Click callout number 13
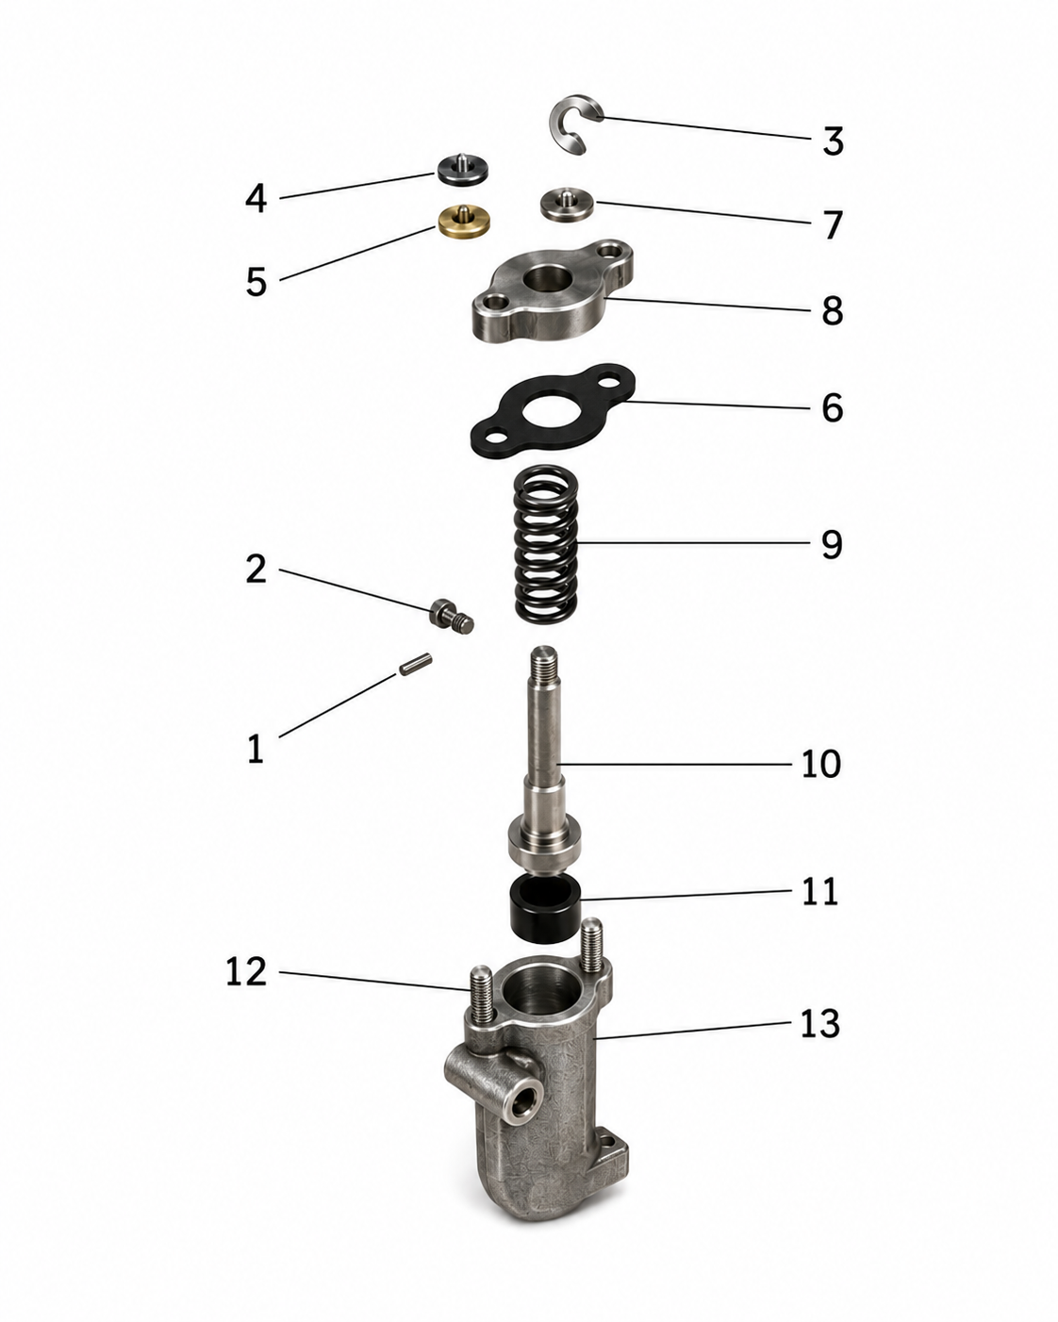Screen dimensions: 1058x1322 tap(819, 1024)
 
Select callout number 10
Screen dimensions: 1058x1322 tap(820, 764)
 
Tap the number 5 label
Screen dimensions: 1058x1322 tap(256, 282)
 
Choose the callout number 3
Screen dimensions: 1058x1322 tap(833, 140)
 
